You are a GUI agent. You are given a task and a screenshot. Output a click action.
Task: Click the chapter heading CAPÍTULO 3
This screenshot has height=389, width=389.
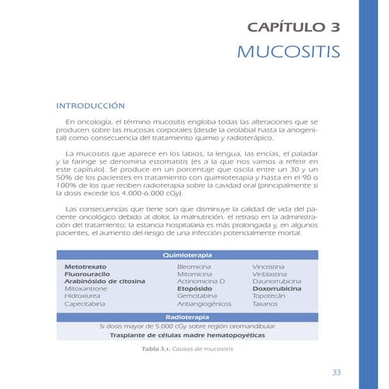[293, 29]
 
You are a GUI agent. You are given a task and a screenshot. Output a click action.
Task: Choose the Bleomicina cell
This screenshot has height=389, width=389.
[194, 266]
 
